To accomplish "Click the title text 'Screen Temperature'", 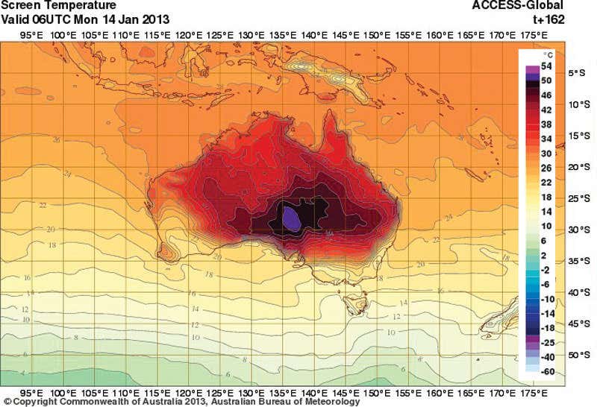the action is click(48, 6).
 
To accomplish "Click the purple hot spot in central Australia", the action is click(290, 218).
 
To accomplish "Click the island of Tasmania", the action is click(351, 303).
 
